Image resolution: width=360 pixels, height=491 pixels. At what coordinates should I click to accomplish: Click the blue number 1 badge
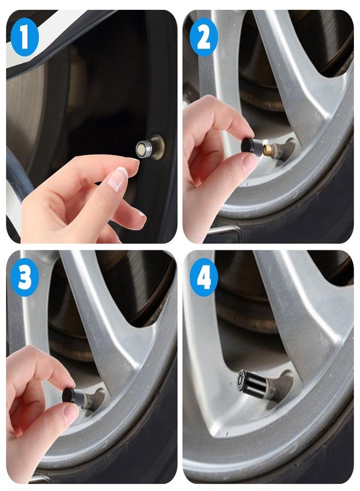[25, 37]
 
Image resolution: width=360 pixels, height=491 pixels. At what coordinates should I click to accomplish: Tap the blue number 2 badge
[203, 37]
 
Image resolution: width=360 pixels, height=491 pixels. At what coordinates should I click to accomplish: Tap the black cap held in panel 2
[253, 146]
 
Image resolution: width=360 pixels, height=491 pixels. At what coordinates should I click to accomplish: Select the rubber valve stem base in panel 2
[285, 149]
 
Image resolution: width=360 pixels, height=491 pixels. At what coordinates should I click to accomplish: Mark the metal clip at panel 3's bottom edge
[39, 479]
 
